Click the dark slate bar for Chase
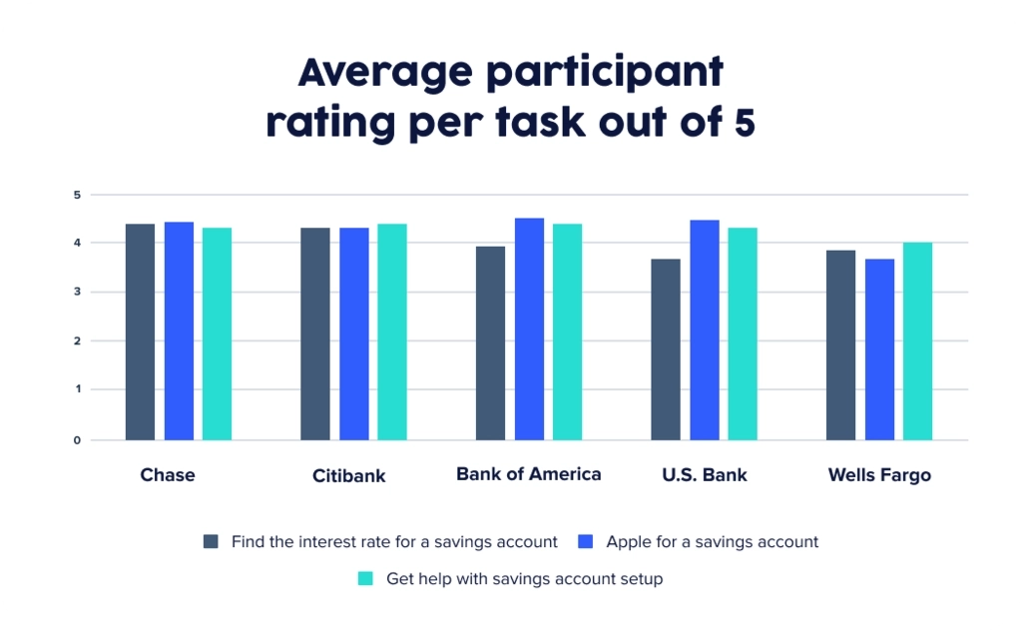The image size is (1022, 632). (x=140, y=331)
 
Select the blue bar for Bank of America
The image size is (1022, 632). (x=529, y=328)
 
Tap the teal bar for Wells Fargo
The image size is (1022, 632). (x=917, y=340)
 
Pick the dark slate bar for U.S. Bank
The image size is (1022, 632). (x=666, y=349)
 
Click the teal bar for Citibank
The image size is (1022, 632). (x=392, y=331)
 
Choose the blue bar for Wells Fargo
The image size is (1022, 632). (x=879, y=349)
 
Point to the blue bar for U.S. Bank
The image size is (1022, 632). (x=704, y=329)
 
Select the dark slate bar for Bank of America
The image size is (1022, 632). (x=490, y=342)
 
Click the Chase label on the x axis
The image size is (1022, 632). (x=168, y=474)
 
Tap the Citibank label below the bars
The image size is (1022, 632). (x=348, y=475)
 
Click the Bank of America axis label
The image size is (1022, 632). (x=528, y=473)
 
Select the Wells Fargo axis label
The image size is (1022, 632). (x=879, y=475)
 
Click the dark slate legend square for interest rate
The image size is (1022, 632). (x=211, y=541)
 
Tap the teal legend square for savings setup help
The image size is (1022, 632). (x=365, y=578)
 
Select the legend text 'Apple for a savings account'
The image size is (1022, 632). (x=712, y=541)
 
